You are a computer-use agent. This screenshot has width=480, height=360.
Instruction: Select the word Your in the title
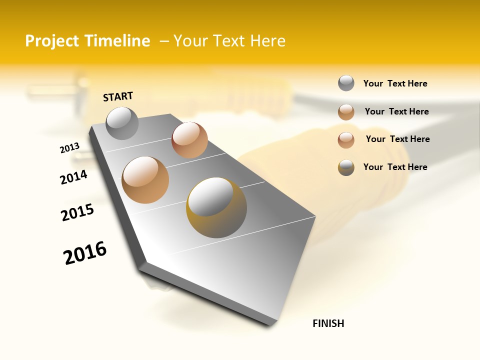point(192,41)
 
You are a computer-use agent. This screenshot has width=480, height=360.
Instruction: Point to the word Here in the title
point(267,41)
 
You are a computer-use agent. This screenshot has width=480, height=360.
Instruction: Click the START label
point(118,96)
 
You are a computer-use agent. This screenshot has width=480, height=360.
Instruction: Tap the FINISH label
point(328,323)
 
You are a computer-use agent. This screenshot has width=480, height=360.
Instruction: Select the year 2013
point(69,148)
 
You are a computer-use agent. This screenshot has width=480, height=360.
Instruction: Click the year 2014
point(73,177)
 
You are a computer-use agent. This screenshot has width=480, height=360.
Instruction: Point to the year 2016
point(85,253)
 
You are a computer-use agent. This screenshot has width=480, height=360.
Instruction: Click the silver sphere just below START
point(122,123)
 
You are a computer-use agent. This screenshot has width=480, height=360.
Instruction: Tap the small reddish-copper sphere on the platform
point(189,140)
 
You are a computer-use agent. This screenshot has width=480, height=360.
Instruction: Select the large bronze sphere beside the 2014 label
point(145,180)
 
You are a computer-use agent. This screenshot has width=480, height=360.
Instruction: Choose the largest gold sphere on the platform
point(216,207)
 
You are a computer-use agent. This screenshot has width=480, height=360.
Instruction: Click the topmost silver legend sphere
point(346,83)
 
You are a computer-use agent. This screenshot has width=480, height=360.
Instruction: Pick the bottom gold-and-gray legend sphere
point(346,167)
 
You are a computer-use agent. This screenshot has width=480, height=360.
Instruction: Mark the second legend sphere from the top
point(346,112)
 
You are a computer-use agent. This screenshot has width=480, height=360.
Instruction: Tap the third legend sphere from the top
point(346,140)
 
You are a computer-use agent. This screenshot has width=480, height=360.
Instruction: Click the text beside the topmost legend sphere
point(395,83)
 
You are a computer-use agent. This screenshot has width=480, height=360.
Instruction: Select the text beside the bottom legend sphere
point(395,167)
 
